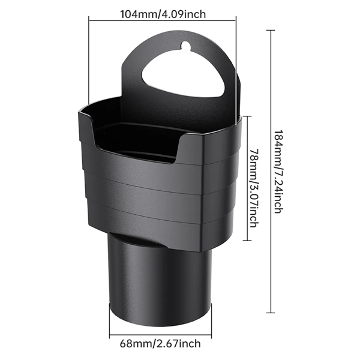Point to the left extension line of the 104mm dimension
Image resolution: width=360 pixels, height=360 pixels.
tap(89, 60)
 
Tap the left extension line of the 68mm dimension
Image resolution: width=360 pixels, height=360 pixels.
tap(110, 318)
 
